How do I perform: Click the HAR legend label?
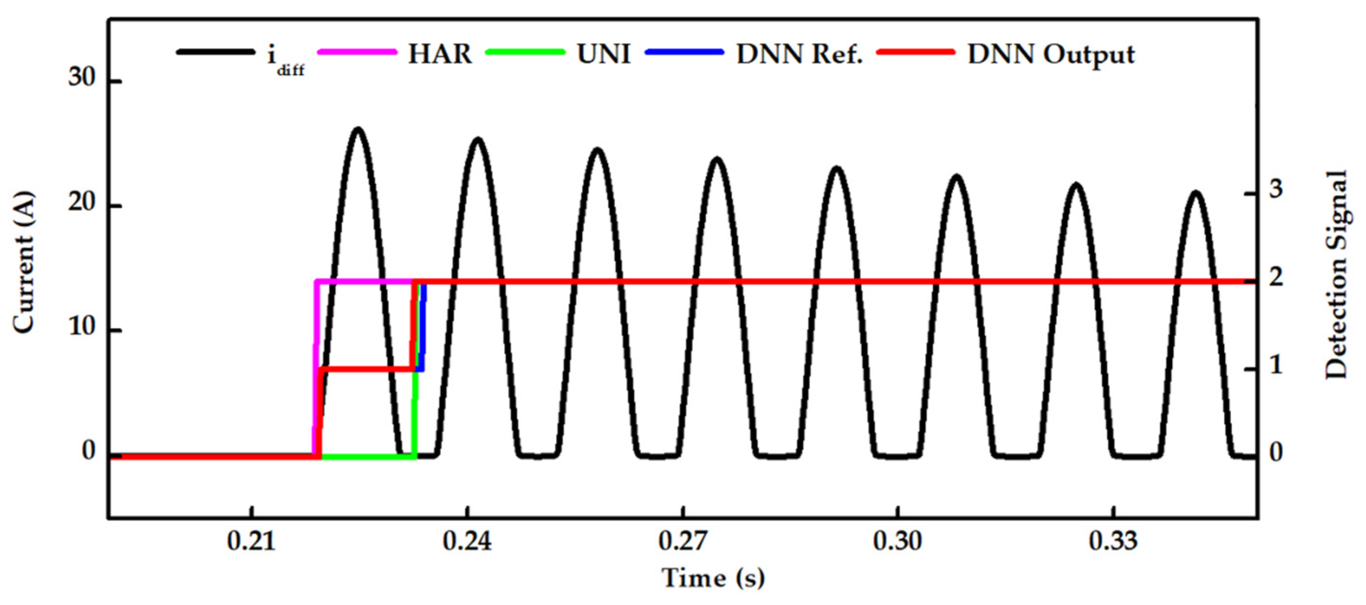click(440, 54)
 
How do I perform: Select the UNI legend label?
click(604, 54)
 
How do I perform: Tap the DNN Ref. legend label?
click(800, 54)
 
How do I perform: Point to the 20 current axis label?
click(82, 203)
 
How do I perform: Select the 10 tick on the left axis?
click(82, 328)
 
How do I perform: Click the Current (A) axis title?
click(24, 263)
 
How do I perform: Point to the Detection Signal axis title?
click(1336, 275)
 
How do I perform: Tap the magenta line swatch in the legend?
click(357, 52)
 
